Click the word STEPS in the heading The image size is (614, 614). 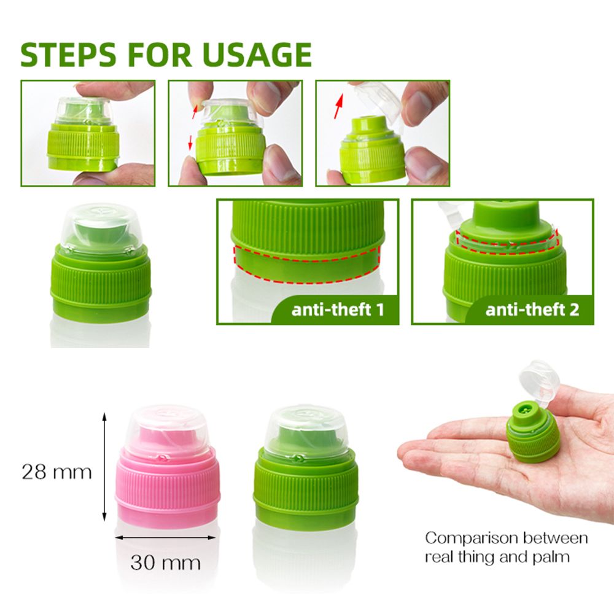(69, 55)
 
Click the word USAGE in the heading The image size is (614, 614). (257, 55)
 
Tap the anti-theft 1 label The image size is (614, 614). (338, 309)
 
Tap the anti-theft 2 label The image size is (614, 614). (532, 309)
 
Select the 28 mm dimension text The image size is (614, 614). (56, 472)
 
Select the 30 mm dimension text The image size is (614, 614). (165, 562)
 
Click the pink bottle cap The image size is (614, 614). (168, 467)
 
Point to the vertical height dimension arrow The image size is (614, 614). (104, 467)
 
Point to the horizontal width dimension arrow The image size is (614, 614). (165, 538)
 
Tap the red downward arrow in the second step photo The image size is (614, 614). (190, 143)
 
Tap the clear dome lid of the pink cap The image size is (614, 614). (168, 431)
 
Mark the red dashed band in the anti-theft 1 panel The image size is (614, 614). (307, 263)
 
